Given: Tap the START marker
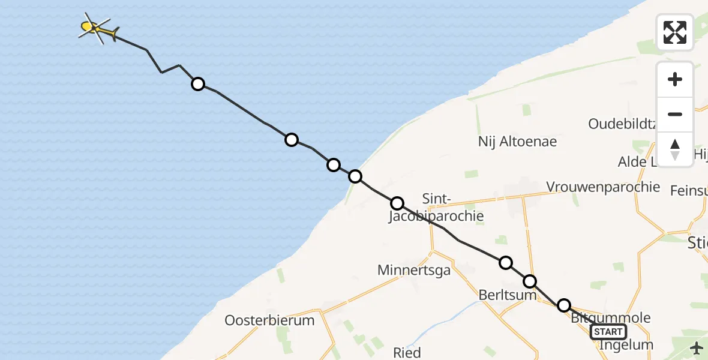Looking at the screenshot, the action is [x=608, y=332].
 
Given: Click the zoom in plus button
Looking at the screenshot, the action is [x=675, y=79].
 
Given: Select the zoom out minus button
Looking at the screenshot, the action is [x=675, y=114].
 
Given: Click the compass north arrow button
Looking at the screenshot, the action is [x=675, y=149].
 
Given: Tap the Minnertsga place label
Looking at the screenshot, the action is [x=414, y=271].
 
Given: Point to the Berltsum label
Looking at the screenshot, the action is [x=503, y=296].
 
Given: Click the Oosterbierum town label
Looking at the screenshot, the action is [x=269, y=320].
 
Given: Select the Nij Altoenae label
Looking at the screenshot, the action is [x=517, y=142].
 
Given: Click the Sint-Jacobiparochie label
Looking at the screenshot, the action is [x=436, y=208].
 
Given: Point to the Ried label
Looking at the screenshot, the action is [x=407, y=352].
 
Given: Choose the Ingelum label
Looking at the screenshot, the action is [x=626, y=345].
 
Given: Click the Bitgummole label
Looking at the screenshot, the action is [x=611, y=318].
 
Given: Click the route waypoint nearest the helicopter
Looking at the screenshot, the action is [x=198, y=84].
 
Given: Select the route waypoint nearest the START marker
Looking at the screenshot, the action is [x=564, y=305].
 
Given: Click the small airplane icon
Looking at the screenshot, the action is [x=697, y=348].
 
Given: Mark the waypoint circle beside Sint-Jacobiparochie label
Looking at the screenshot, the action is [x=397, y=203].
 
